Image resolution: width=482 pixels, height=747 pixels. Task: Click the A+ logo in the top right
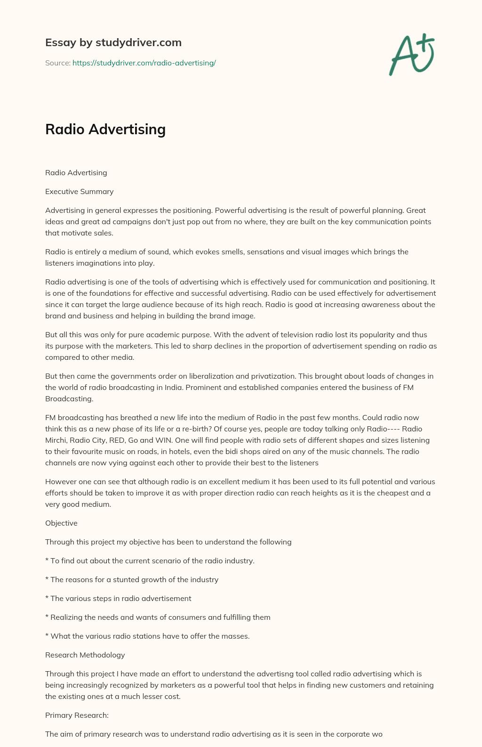(x=411, y=55)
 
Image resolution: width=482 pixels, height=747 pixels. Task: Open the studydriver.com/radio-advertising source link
(x=144, y=63)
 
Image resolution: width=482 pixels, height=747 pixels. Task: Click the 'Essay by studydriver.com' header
(x=113, y=43)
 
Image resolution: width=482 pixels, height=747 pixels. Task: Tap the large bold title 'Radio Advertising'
(x=105, y=129)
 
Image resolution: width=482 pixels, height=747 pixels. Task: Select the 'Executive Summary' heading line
(x=79, y=192)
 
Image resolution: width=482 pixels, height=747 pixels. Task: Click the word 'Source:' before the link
(x=57, y=63)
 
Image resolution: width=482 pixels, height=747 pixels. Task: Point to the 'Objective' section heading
(x=61, y=523)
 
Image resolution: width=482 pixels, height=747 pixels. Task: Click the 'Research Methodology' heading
(x=85, y=655)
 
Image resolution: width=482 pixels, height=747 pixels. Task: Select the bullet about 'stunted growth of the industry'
(x=132, y=580)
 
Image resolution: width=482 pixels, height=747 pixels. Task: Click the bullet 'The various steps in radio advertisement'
(x=118, y=599)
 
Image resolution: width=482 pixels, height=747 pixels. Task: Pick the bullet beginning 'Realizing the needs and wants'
(x=158, y=617)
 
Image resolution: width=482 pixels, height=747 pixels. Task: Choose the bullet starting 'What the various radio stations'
(x=147, y=636)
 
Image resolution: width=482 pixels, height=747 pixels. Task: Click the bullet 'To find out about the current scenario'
(x=150, y=561)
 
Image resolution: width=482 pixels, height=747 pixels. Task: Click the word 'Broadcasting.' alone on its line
(x=69, y=399)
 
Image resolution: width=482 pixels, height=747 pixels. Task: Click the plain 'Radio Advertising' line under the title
(x=76, y=173)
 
